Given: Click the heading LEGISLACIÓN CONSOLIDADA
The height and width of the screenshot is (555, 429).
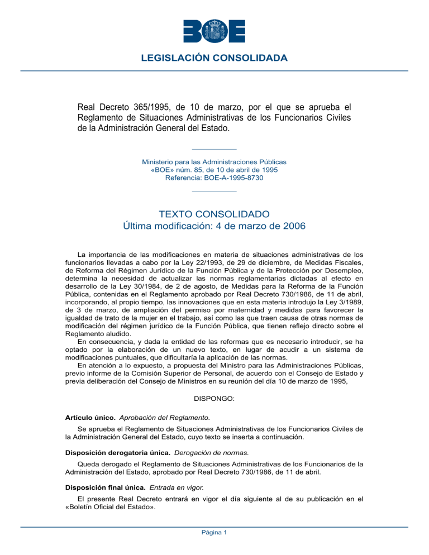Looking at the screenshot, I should (214, 58).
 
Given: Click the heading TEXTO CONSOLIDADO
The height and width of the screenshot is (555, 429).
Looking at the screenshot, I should (214, 214).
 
